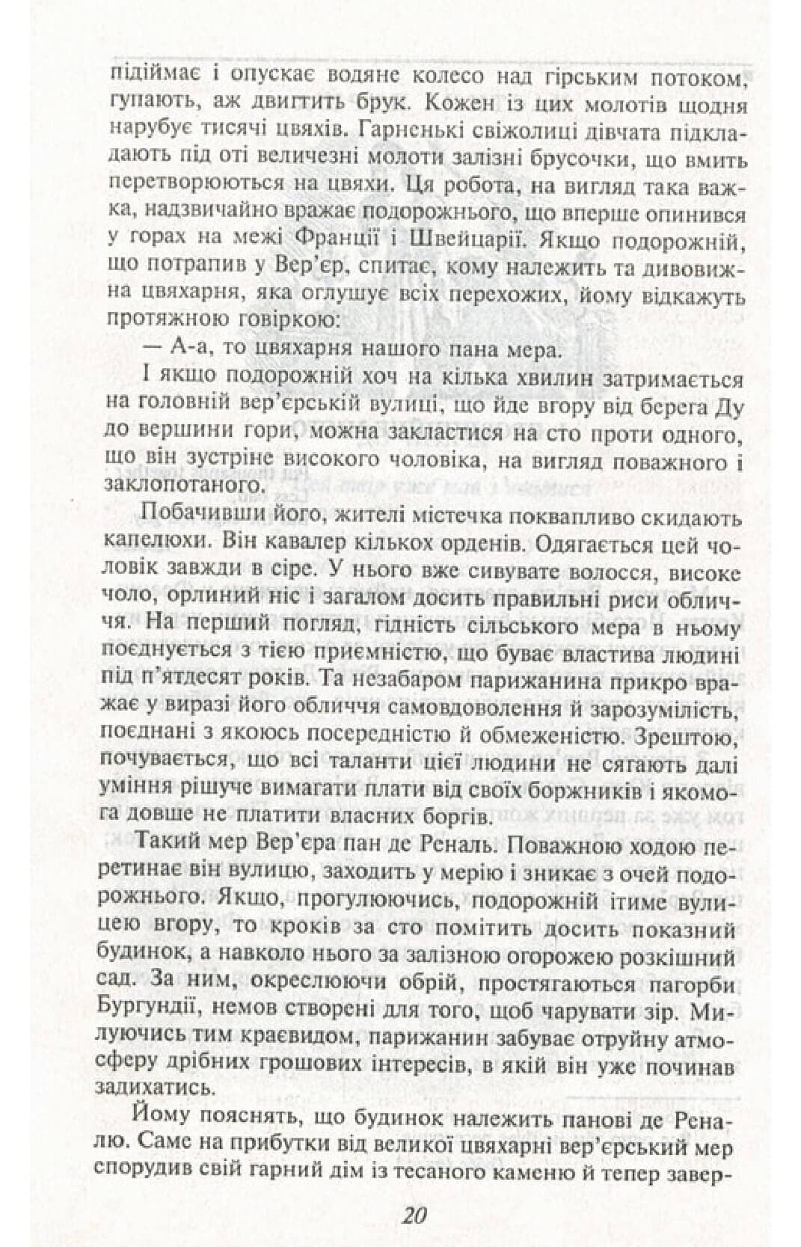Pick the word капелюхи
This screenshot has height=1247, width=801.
pyautogui.click(x=155, y=542)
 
